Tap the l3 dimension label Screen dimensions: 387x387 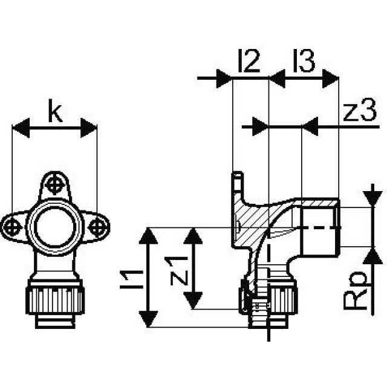tap(304, 63)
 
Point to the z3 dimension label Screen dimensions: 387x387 tap(356, 114)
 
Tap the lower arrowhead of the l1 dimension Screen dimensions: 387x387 tap(148, 319)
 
